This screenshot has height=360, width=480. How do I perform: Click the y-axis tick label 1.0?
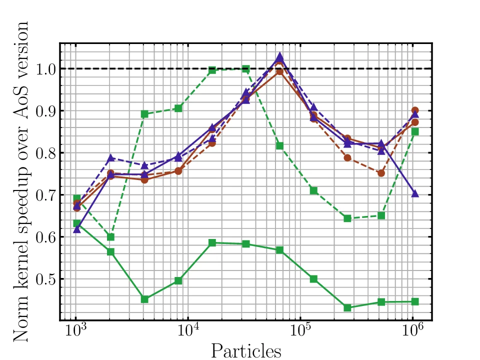pyautogui.click(x=46, y=69)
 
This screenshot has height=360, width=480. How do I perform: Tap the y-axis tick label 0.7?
pyautogui.click(x=46, y=195)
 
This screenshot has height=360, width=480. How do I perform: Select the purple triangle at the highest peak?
pyautogui.click(x=279, y=56)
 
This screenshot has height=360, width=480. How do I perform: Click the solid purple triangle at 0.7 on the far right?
pyautogui.click(x=414, y=193)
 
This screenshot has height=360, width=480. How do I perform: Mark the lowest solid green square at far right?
pyautogui.click(x=414, y=301)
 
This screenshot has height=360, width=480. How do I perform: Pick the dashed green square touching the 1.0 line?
pyautogui.click(x=245, y=69)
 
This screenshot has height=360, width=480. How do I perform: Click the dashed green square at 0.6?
pyautogui.click(x=110, y=236)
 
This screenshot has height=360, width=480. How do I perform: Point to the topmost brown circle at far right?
pyautogui.click(x=414, y=110)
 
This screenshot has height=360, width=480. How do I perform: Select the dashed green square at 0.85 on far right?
pyautogui.click(x=414, y=131)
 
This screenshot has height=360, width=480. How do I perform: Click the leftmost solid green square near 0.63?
pyautogui.click(x=76, y=223)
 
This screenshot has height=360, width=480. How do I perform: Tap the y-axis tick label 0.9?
pyautogui.click(x=46, y=111)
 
